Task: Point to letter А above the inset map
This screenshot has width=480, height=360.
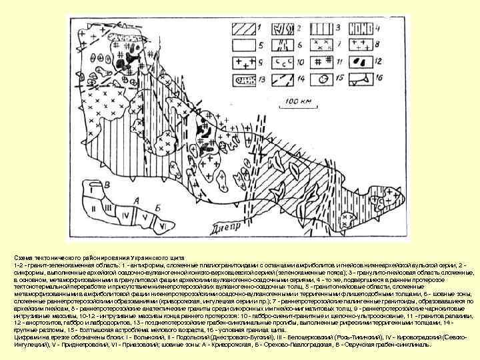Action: coord(137,199)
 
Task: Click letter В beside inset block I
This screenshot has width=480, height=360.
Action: coord(107,183)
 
